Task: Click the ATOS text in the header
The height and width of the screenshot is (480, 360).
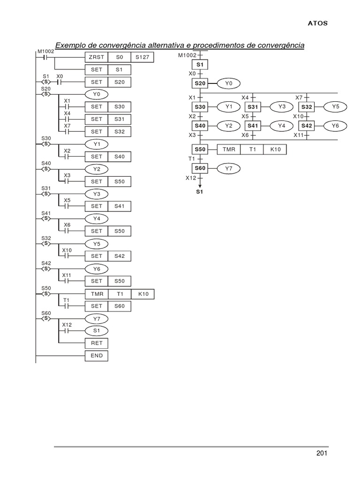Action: point(318,22)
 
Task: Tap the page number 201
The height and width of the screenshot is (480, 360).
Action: point(322,453)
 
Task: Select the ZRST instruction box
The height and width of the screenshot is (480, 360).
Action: point(96,57)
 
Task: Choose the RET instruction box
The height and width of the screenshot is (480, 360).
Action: point(96,344)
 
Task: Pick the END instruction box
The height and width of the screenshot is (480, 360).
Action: point(96,356)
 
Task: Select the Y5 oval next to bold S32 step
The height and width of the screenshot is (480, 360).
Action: point(335,107)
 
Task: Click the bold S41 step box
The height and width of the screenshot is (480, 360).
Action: point(253,126)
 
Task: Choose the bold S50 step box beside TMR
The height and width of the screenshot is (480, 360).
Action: point(200,149)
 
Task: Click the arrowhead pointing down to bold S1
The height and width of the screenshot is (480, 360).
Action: point(200,186)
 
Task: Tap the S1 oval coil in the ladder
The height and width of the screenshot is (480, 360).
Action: point(96,331)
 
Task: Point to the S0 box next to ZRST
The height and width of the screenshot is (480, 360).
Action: point(119,57)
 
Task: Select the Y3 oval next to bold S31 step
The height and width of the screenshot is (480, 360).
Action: point(282,107)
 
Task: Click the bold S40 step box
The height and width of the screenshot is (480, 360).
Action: point(200,126)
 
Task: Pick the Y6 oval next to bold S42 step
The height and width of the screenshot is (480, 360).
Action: point(335,126)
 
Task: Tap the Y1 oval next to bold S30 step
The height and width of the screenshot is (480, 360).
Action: point(229,107)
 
